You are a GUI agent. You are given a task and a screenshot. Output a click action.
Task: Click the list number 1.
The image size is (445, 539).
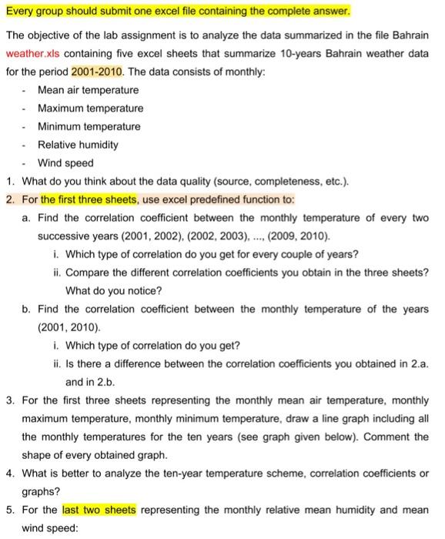click(x=10, y=182)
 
